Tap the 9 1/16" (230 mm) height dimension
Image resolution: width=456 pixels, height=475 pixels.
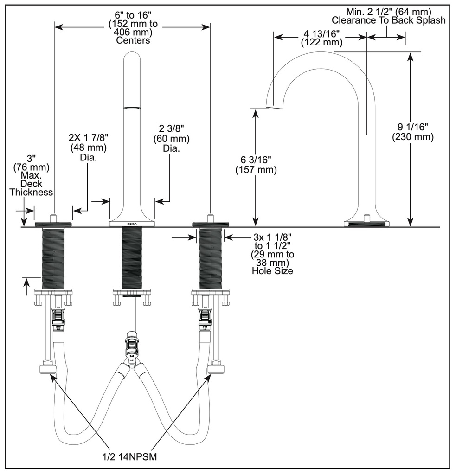click(413, 132)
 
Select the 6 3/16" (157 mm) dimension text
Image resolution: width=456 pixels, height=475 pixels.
click(256, 165)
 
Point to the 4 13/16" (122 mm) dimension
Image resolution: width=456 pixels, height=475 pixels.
click(321, 38)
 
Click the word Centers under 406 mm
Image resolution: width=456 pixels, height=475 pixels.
click(133, 40)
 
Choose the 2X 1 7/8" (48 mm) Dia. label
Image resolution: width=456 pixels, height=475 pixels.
click(88, 147)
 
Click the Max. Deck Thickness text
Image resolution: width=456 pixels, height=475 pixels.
click(31, 184)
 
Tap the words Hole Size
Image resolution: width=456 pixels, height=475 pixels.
click(272, 270)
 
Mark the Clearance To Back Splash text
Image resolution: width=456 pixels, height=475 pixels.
click(389, 20)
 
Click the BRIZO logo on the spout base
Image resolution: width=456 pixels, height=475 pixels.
click(132, 223)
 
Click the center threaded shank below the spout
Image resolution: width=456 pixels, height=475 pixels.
click(132, 258)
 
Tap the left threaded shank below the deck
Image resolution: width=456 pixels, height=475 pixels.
click(53, 258)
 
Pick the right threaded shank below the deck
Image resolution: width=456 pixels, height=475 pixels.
click(210, 258)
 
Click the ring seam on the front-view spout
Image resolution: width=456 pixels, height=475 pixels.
click(132, 107)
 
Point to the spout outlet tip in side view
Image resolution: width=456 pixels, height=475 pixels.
click(275, 106)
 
